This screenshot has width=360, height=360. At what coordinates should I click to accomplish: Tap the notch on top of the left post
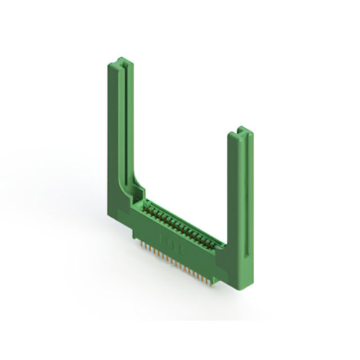click(x=123, y=59)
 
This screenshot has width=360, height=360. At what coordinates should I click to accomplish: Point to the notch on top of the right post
click(x=241, y=130)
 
